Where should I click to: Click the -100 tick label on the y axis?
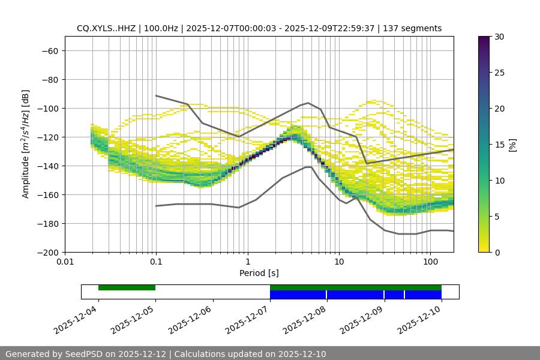coord(49,109)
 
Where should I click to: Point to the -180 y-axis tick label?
coord(49,224)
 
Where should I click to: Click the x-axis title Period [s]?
coord(259,273)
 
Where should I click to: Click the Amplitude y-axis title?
coord(25,144)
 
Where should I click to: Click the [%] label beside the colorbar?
coord(512,145)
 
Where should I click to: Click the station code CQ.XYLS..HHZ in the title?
coord(106,28)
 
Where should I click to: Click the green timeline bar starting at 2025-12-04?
coord(127,287)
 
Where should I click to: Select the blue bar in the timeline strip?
coord(356,295)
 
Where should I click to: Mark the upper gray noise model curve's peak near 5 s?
coord(308,103)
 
